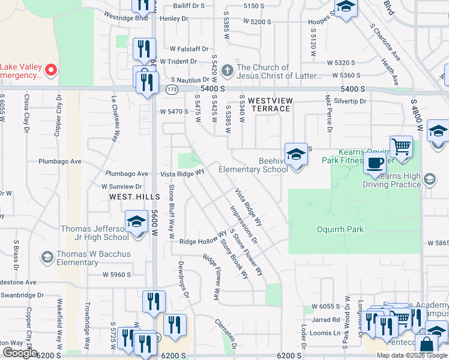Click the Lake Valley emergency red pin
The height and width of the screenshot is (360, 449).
(51, 71)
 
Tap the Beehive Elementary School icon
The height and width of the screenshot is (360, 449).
(296, 154)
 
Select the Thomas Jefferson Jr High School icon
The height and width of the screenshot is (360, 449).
(136, 222)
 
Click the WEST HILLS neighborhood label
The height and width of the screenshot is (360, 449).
(135, 197)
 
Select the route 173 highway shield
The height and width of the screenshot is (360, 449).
(172, 89)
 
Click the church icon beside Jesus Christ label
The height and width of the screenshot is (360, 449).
(227, 71)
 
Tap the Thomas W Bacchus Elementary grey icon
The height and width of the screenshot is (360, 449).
(47, 257)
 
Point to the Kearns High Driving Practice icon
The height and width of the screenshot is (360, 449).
(430, 179)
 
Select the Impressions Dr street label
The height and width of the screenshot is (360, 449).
(243, 224)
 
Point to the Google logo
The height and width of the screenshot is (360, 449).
(20, 353)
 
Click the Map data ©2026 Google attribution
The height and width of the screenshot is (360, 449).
(412, 355)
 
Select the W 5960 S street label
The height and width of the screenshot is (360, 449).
(116, 275)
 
